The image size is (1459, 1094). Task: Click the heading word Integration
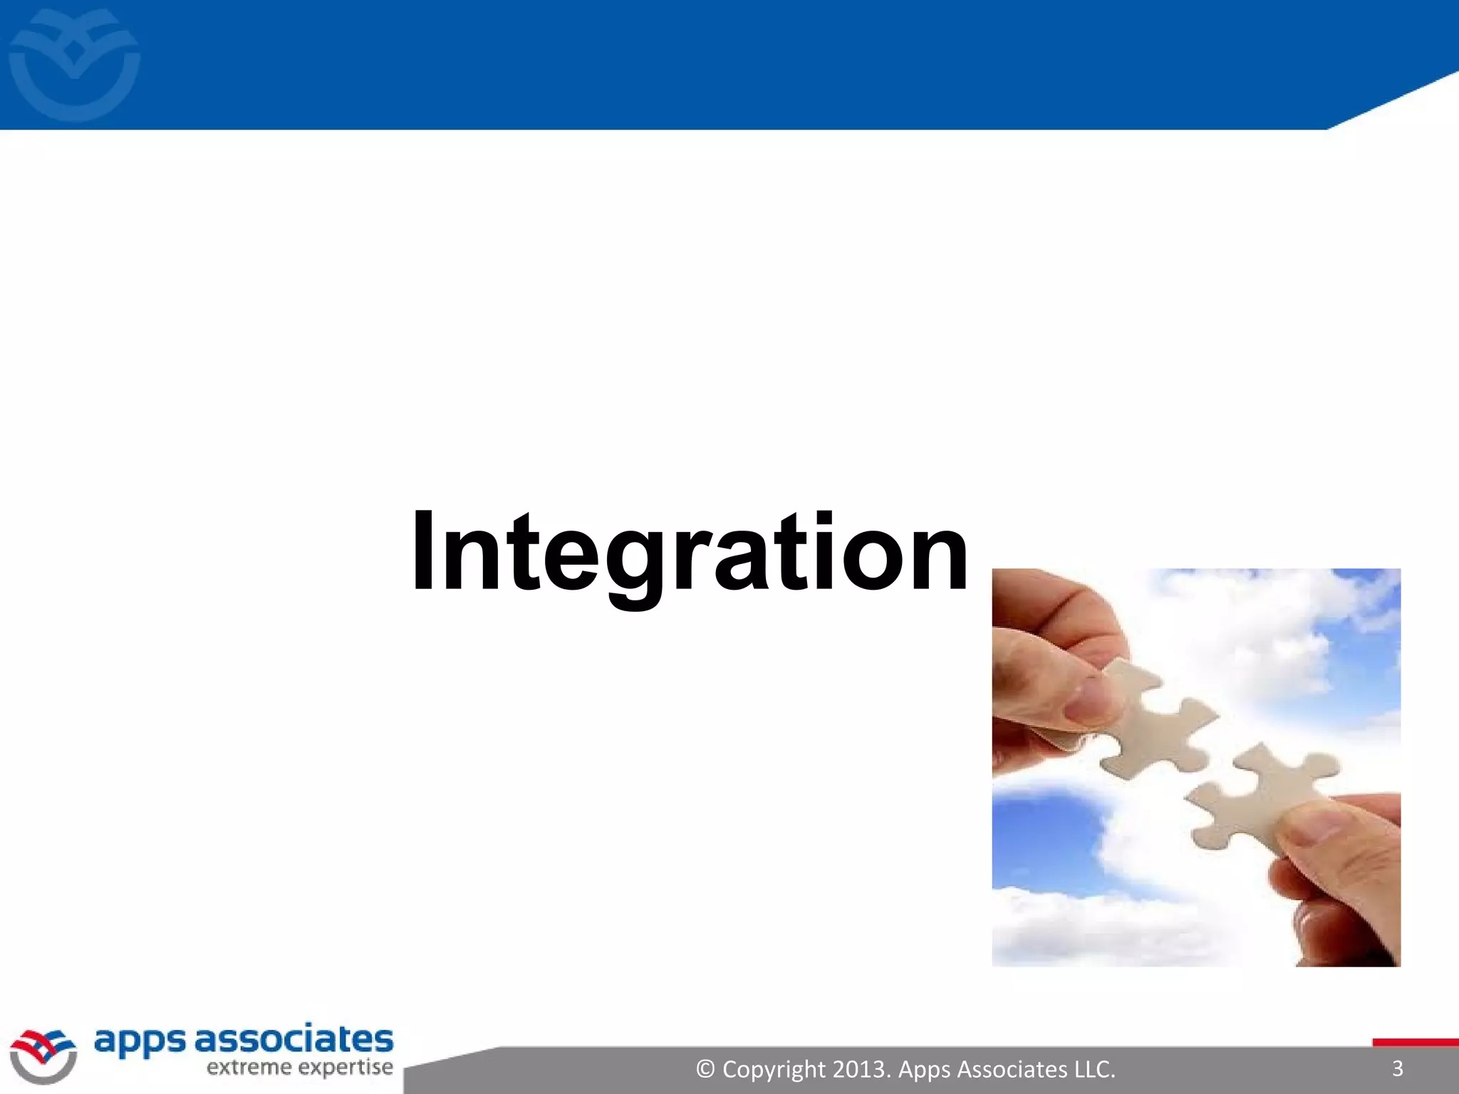(x=690, y=552)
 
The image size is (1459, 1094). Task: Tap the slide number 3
(x=1397, y=1068)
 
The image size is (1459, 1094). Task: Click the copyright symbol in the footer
(x=705, y=1069)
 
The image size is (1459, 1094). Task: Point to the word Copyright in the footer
(x=774, y=1069)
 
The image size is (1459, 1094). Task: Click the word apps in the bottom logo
(x=139, y=1041)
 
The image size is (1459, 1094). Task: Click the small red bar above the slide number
(x=1415, y=1043)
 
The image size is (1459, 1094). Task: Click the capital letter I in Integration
(x=422, y=552)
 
